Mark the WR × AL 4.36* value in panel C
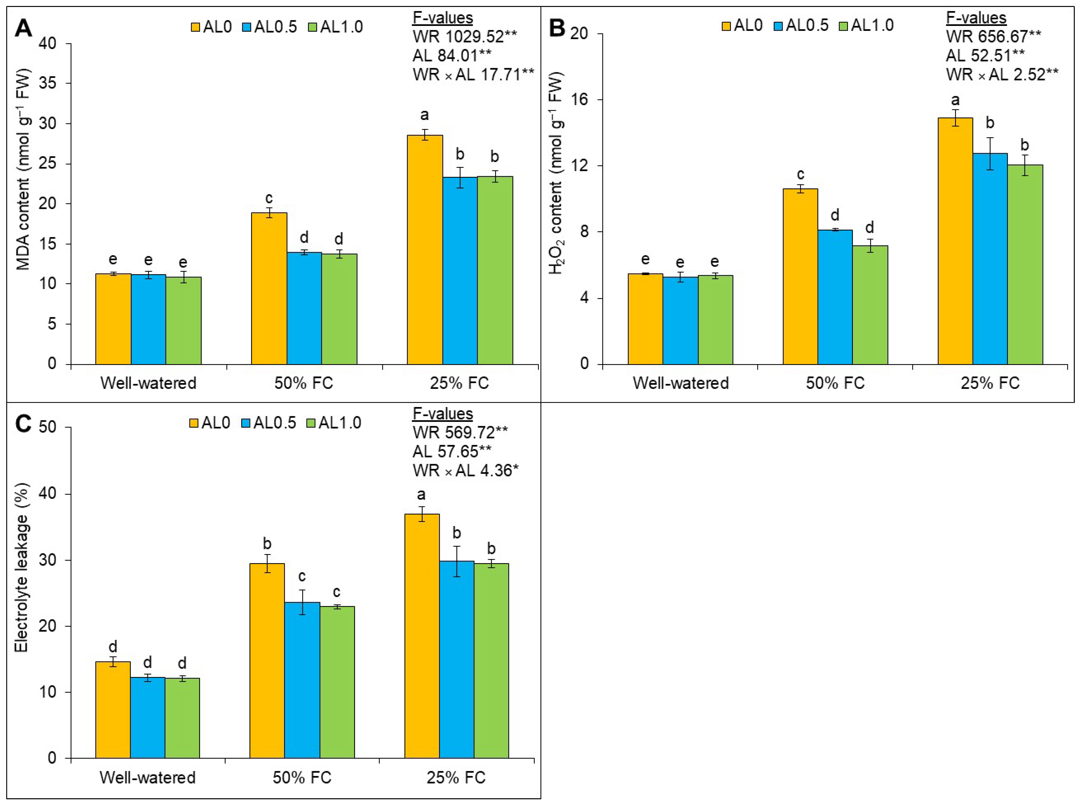(465, 470)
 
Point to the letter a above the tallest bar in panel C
(421, 495)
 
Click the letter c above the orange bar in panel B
(800, 174)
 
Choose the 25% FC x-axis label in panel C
(456, 777)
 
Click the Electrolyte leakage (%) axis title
(21, 568)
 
